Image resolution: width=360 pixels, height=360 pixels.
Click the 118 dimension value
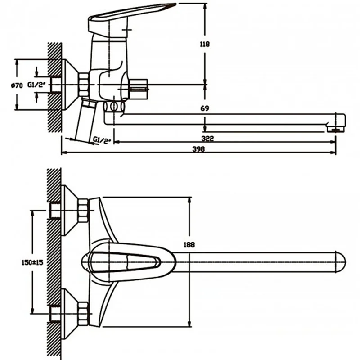[205, 44]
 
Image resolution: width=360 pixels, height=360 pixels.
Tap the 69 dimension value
[205, 108]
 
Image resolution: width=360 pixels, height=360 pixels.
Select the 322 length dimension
[207, 139]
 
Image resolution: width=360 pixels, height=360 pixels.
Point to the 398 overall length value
[198, 149]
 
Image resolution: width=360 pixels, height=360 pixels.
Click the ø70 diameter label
[17, 85]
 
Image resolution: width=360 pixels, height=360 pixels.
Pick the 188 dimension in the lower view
[189, 245]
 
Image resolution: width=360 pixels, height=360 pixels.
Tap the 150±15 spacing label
[32, 262]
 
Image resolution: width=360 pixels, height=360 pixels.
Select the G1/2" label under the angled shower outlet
[102, 140]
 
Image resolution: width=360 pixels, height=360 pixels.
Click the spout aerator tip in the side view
[336, 130]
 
